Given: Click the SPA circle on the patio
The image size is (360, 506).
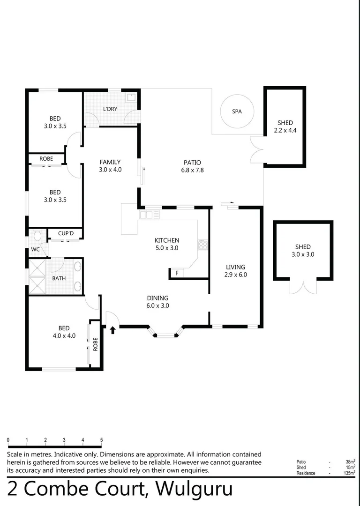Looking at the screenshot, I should (237, 112).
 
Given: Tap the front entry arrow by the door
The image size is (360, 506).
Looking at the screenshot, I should (112, 330).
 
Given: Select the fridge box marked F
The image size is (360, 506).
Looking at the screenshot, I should (177, 273).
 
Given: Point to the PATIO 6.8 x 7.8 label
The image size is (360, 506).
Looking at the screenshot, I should (192, 166).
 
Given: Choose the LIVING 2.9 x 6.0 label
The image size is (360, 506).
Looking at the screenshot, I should (235, 271).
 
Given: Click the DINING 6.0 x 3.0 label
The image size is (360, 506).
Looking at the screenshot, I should (157, 301).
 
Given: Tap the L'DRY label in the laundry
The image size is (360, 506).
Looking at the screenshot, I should (110, 109).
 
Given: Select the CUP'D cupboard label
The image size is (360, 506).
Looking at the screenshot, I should (66, 233).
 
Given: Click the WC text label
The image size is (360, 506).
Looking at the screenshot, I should (35, 249).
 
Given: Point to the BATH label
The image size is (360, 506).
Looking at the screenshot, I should (59, 278).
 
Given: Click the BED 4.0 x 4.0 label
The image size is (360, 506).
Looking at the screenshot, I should (64, 332).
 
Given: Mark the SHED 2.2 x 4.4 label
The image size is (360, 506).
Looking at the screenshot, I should (285, 126).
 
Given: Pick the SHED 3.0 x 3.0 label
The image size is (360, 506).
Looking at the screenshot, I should (302, 251).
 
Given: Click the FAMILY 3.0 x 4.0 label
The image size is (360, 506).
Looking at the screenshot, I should (110, 166).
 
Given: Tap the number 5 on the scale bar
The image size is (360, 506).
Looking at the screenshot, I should (101, 440).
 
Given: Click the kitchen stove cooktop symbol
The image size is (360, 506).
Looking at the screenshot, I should (202, 245).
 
